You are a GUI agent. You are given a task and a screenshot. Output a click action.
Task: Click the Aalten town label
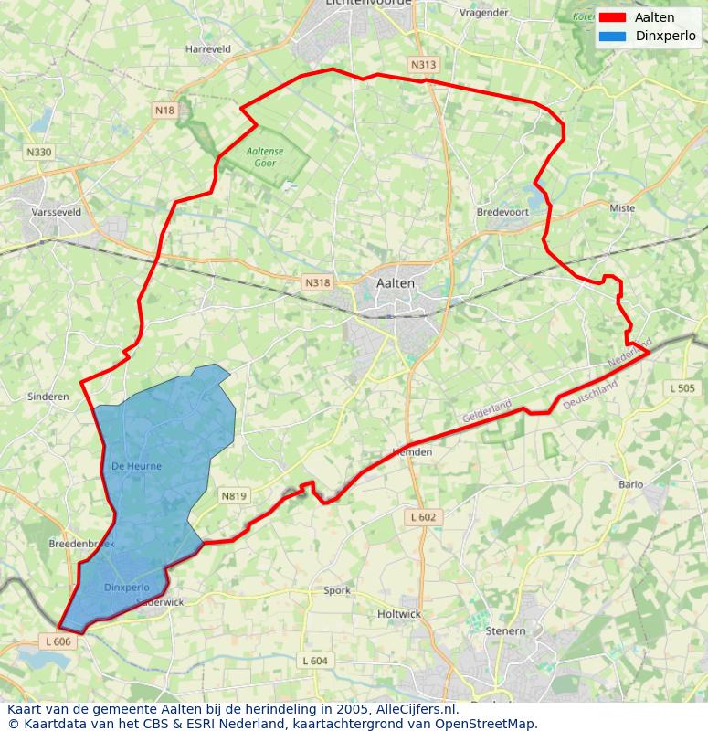point(395,283)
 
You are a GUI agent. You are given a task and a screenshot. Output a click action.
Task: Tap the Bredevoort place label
point(502,212)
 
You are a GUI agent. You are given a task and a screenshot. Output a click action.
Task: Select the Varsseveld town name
point(57,212)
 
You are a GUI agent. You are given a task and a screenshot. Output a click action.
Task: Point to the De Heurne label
point(136,466)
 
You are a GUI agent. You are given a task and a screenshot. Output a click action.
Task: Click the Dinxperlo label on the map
point(126,587)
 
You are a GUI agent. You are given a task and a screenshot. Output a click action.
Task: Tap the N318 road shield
point(317,283)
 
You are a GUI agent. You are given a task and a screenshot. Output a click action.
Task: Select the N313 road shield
point(423,65)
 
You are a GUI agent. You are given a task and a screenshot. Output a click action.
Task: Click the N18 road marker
point(164,111)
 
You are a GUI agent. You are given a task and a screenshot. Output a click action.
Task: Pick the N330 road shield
point(39,152)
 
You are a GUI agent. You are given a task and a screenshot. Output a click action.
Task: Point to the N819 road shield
point(233,495)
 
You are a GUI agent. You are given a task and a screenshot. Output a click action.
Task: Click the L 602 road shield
point(423,517)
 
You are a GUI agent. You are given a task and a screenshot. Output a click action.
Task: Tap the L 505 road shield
point(682,388)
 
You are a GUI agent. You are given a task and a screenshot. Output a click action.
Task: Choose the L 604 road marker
point(314,661)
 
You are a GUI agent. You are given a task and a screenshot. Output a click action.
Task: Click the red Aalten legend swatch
point(612,18)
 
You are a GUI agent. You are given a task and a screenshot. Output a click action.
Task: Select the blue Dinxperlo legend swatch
point(612,37)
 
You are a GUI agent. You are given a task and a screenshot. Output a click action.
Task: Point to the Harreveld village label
point(207,48)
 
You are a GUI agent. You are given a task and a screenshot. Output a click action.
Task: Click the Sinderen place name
point(48,397)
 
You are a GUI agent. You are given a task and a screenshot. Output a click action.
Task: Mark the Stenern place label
point(505,630)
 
